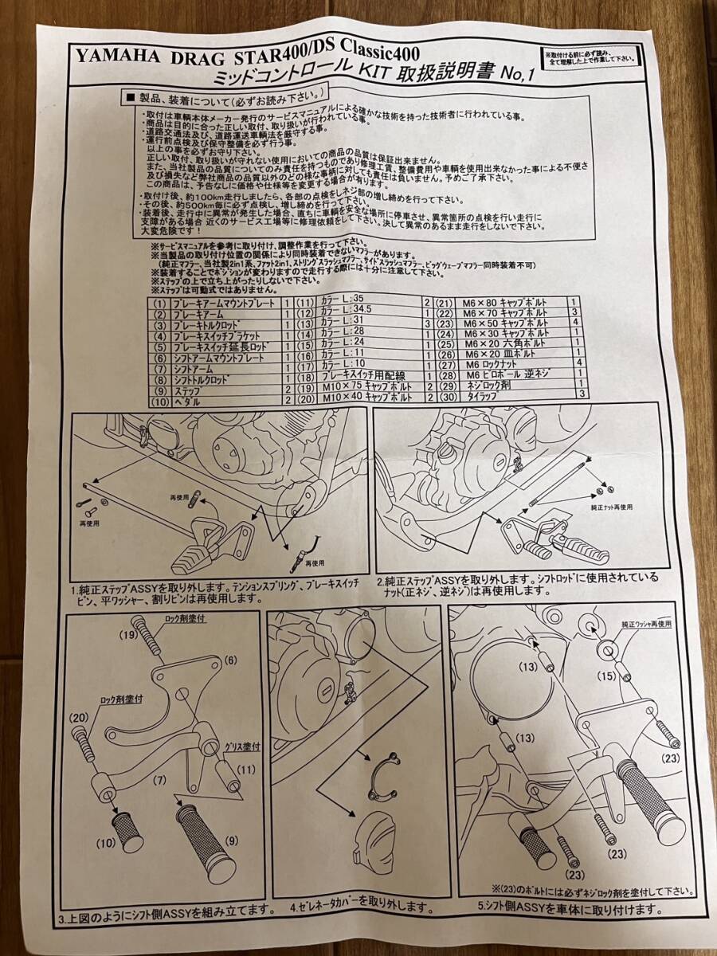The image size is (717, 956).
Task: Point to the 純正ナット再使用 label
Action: coord(613,507)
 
